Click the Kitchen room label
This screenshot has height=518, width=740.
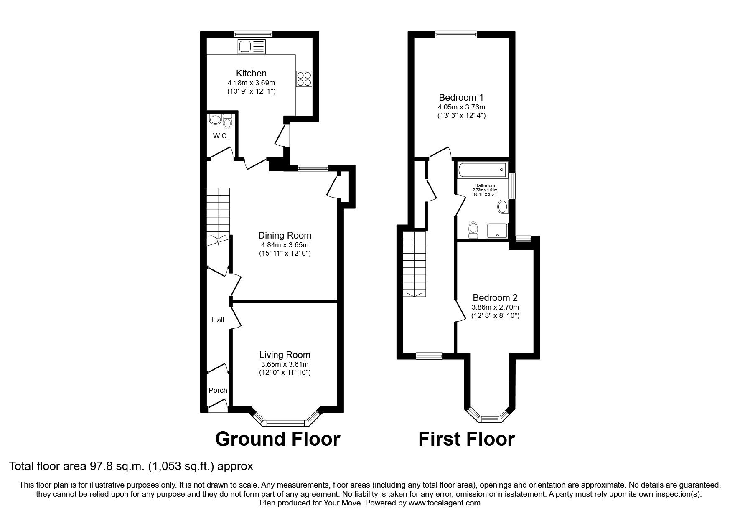251,74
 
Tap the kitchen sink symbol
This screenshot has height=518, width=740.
251,46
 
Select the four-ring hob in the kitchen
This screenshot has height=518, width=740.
304,79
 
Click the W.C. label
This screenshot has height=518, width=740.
220,136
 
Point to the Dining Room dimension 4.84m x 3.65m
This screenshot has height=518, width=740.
285,245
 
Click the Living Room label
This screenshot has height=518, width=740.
285,355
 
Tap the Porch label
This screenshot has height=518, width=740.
218,390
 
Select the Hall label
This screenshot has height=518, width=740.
218,320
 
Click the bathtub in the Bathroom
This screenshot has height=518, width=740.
482,170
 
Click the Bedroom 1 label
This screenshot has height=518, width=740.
461,98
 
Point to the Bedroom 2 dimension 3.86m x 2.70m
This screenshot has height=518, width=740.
495,307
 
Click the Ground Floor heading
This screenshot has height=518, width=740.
277,439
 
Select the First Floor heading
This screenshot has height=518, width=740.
466,439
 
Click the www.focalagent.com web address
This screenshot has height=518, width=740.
444,503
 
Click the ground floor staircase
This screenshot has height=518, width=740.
218,217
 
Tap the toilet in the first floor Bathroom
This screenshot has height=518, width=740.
473,230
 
